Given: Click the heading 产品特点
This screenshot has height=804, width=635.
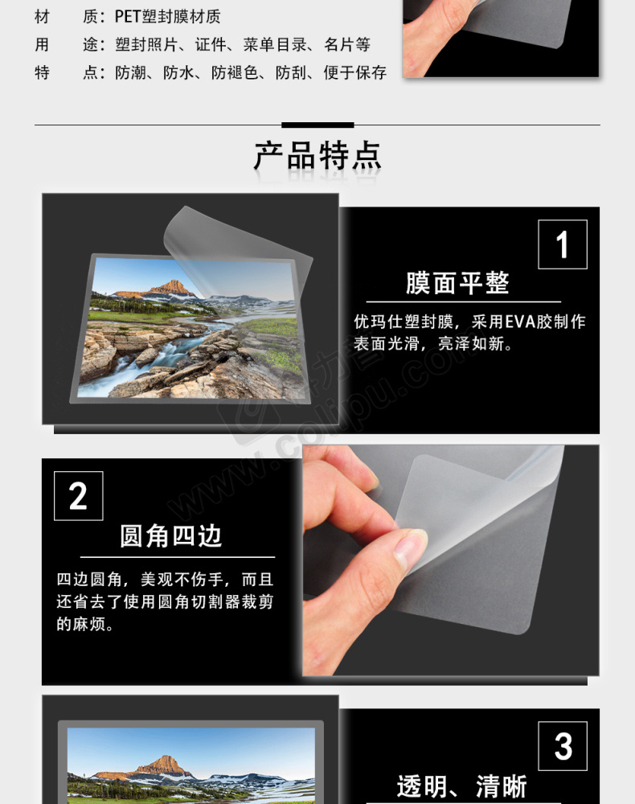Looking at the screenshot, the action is click(317, 155).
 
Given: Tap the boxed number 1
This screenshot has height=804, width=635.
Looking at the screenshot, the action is click(562, 244).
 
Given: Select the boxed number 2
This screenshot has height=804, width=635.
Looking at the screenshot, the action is click(79, 496).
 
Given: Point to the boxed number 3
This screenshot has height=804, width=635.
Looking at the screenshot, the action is click(563, 746).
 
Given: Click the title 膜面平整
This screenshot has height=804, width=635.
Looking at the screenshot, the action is click(457, 283).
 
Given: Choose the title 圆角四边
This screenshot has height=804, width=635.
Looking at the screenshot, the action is click(171, 536).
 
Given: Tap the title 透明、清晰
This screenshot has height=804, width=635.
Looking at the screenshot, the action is click(461, 786).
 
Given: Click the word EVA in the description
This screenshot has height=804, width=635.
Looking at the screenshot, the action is click(520, 322).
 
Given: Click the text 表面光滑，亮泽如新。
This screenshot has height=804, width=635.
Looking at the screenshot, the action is click(433, 343).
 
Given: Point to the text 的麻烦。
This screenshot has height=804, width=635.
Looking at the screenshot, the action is click(84, 624).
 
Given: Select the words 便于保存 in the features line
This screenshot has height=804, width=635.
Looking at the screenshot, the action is click(354, 73).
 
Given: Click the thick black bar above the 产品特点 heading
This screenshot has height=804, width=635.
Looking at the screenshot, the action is click(317, 125).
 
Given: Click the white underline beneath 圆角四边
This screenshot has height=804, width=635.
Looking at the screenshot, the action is click(178, 557).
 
